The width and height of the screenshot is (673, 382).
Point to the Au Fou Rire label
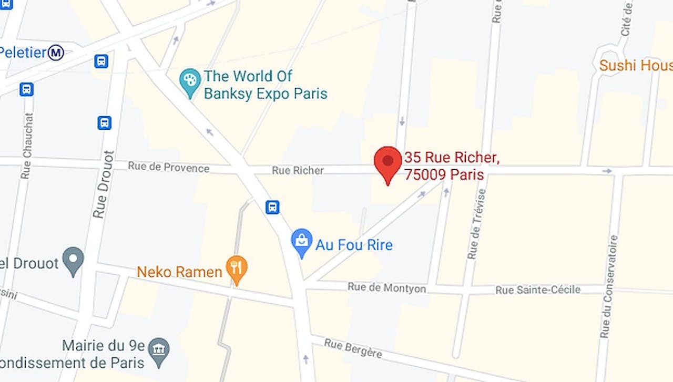coord(354,245)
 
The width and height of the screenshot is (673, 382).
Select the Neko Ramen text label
coord(179,272)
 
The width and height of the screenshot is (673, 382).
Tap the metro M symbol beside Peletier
coord(56,53)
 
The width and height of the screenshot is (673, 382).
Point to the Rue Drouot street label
coord(103,184)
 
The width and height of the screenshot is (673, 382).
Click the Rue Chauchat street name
coord(27,146)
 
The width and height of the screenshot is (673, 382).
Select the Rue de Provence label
coord(168,168)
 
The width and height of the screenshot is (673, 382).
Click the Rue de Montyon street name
coord(386,287)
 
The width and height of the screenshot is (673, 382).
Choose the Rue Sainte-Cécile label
coord(538,290)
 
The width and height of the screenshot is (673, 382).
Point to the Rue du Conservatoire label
coord(609,286)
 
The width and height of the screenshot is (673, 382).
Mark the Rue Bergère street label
coord(353,348)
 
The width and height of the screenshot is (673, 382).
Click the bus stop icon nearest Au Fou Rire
coord(272,207)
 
